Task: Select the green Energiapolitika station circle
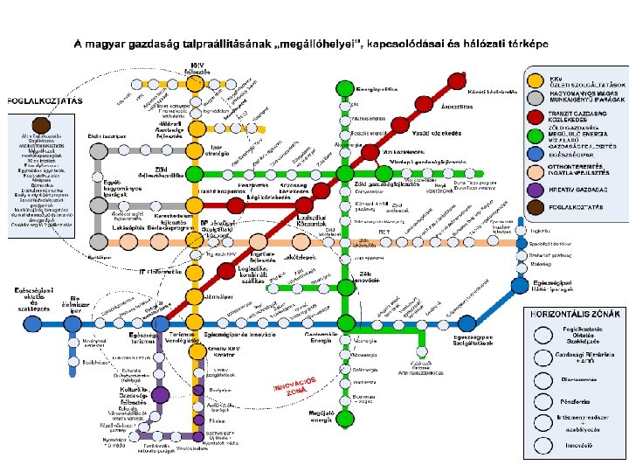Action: pos(343,89)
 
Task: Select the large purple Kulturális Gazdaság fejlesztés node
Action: pos(160,394)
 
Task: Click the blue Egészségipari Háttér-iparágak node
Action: pos(521,285)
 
